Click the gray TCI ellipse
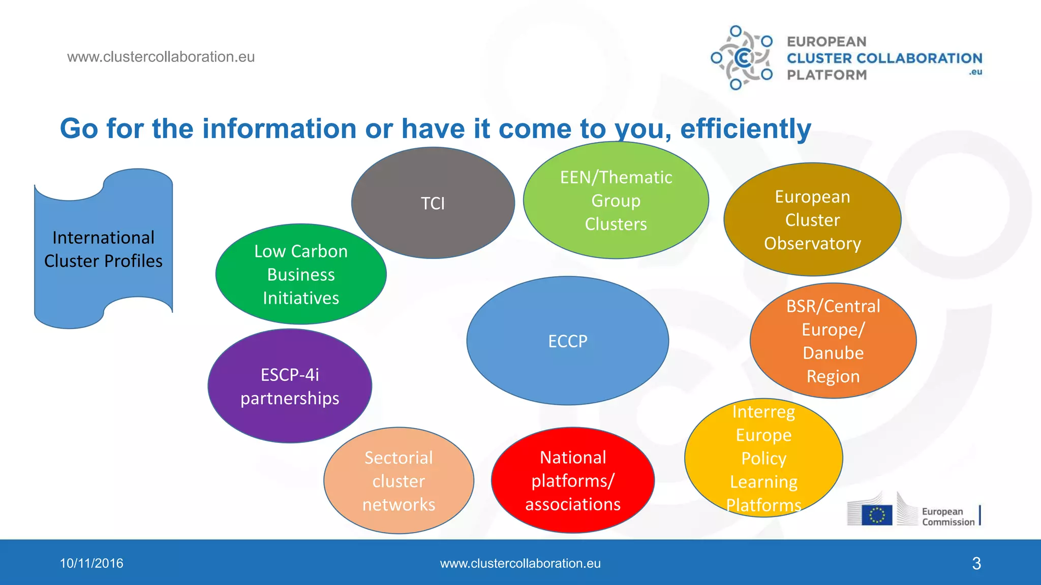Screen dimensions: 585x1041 [433, 203]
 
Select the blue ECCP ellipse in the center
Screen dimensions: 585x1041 [567, 341]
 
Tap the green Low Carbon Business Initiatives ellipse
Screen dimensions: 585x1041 [300, 274]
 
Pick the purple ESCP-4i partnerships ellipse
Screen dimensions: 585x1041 [290, 386]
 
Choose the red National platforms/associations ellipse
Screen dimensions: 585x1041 [573, 480]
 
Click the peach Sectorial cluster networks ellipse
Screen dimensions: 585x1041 [399, 480]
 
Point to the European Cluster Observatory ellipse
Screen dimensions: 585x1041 [812, 219]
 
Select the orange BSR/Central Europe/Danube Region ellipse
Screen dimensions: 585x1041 [833, 341]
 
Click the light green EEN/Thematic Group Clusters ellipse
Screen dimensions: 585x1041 [616, 200]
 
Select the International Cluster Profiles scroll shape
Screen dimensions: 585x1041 [103, 249]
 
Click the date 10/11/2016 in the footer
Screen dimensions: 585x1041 [91, 563]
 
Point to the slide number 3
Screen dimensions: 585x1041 [976, 563]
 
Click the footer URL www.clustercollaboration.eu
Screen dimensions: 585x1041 [520, 563]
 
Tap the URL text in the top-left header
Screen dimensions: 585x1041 [161, 57]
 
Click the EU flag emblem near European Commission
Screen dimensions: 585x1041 [877, 515]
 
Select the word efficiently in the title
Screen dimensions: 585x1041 [745, 128]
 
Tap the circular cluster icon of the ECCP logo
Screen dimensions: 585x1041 [742, 58]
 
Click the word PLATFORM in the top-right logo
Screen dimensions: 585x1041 [826, 75]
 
